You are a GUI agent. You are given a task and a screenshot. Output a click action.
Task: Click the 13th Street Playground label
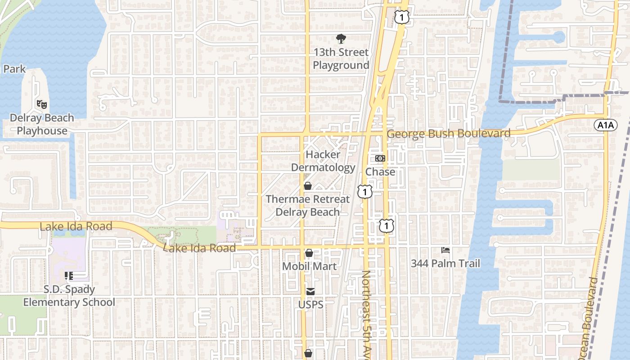(x=341, y=59)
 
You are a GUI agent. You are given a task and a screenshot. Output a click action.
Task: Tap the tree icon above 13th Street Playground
(x=341, y=39)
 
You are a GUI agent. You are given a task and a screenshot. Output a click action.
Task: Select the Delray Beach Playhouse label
(x=42, y=124)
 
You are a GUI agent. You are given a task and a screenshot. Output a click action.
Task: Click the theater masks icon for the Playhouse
(x=42, y=104)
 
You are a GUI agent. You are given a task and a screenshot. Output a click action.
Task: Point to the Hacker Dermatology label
(x=323, y=161)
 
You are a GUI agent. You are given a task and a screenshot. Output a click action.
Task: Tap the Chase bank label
(x=380, y=172)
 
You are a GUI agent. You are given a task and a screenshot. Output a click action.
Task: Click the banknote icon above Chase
(x=380, y=158)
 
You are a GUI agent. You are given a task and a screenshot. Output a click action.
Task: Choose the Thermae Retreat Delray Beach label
(x=308, y=205)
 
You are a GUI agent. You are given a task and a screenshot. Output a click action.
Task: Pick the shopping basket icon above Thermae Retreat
(x=308, y=186)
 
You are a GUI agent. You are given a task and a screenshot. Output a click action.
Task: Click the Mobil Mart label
(x=309, y=266)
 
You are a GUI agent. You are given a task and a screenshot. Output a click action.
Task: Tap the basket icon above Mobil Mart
(x=309, y=253)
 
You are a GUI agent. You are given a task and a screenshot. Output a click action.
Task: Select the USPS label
(x=311, y=305)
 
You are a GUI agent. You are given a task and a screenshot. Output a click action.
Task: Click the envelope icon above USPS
(x=311, y=292)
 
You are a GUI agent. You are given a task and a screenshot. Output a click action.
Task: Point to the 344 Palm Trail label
(x=445, y=264)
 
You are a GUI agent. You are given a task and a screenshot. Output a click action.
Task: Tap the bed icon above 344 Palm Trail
(x=445, y=250)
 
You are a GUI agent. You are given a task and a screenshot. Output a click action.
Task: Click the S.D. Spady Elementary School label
(x=69, y=296)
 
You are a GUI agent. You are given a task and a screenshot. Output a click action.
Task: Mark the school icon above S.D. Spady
(x=69, y=276)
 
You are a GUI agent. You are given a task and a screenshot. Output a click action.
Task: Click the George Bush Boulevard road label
(x=449, y=134)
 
